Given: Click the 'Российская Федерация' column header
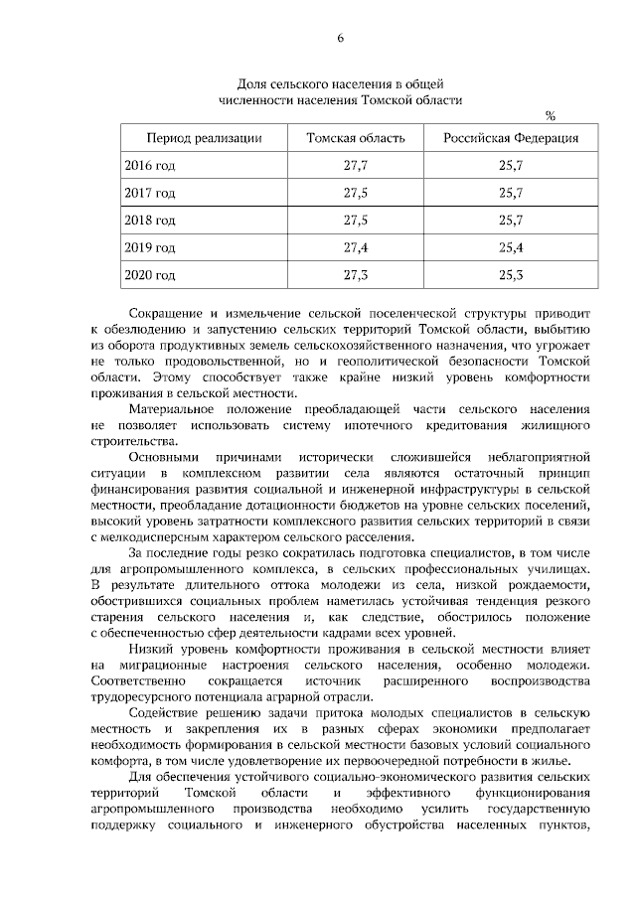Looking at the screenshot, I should coord(511,137).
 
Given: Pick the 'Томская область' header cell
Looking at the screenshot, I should coord(355,137).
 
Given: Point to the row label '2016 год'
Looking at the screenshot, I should coord(150,164).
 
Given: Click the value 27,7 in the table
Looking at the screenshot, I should coord(355,164).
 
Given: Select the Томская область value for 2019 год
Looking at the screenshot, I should coord(355,246).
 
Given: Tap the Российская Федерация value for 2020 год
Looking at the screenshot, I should coord(511,273).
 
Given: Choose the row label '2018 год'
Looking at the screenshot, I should coord(150,219).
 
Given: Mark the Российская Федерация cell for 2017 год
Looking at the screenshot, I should coord(511,192).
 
